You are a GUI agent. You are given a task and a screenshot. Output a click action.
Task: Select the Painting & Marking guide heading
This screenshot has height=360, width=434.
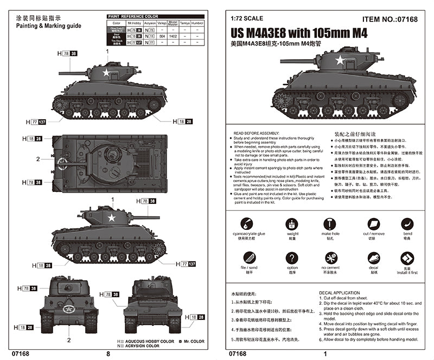(49, 25)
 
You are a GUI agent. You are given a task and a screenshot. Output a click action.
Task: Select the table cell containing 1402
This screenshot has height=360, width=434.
(173, 36)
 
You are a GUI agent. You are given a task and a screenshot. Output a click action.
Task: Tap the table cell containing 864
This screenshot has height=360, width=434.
(162, 36)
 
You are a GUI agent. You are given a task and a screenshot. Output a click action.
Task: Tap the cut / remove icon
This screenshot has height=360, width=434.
(374, 223)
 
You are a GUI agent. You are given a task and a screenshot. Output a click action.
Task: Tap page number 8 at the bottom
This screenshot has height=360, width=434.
(108, 353)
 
